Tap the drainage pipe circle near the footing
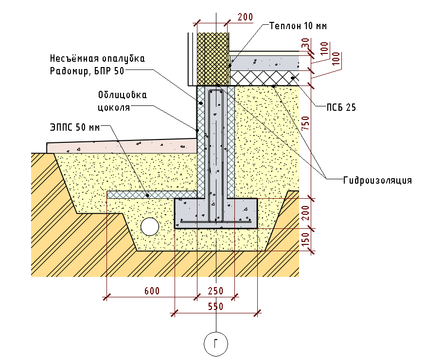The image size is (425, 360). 150,226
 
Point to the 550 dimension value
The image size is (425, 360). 215,307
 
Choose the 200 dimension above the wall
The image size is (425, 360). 245,17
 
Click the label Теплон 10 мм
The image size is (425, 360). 298,26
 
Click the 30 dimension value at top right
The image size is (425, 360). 305,44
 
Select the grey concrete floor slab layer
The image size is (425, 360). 265,62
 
